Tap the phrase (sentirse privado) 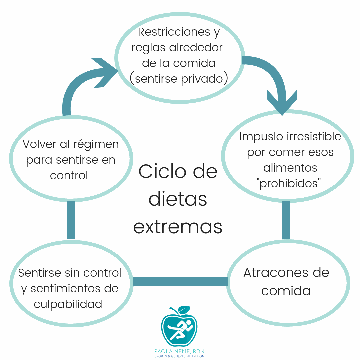[x=179, y=79]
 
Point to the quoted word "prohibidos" [x=290, y=183]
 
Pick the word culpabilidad [x=68, y=304]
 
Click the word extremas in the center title [x=178, y=226]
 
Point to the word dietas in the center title [x=178, y=199]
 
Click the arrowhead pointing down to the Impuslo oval [x=282, y=102]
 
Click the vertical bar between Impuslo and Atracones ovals [x=286, y=220]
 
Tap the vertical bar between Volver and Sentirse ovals [x=71, y=220]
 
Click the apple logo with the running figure [x=179, y=328]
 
